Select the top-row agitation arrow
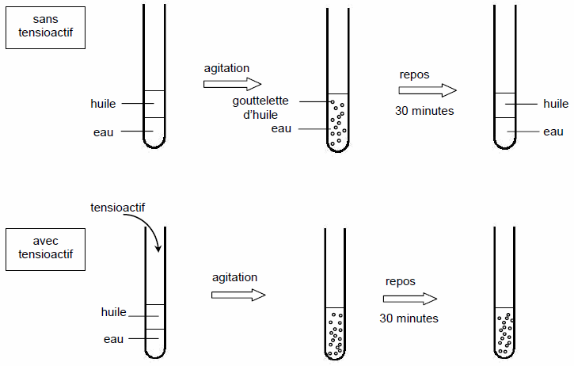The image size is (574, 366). point(233,84)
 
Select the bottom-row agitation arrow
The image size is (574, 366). point(238,295)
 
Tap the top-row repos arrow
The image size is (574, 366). point(428,90)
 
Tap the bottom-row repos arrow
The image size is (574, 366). point(410,299)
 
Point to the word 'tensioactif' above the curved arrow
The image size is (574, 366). point(117,208)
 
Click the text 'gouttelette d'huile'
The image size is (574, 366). point(260,108)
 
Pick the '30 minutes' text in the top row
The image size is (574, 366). point(424,111)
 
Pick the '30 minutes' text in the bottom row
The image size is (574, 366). point(409,318)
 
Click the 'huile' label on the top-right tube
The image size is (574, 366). point(556,104)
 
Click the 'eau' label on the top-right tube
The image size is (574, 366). point(553,132)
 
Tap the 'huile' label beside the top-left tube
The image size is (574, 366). point(103,104)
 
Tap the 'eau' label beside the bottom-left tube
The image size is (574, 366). point(113,339)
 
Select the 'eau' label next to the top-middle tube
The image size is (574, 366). point(281,128)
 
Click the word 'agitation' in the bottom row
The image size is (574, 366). point(234,277)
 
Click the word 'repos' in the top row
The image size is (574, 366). point(414,74)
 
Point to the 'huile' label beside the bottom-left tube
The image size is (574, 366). point(113,312)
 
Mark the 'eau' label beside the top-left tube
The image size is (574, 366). point(103,132)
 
